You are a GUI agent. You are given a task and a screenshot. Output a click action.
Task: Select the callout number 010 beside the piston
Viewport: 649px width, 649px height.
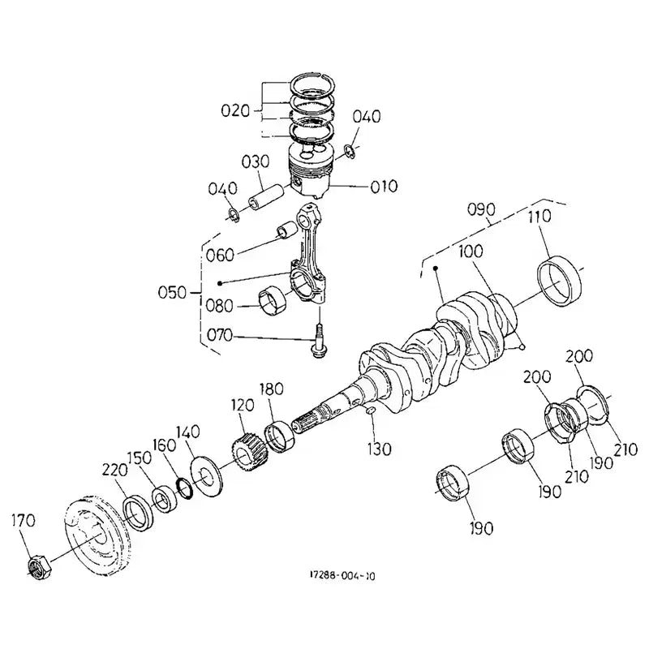tap(383, 187)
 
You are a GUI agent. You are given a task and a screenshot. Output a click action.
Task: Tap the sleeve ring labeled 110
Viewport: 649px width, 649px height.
tap(561, 280)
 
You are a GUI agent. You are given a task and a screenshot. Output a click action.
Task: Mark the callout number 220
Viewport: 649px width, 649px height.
tap(115, 469)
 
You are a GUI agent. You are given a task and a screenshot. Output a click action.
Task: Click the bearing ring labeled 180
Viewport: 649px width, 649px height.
tap(280, 436)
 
